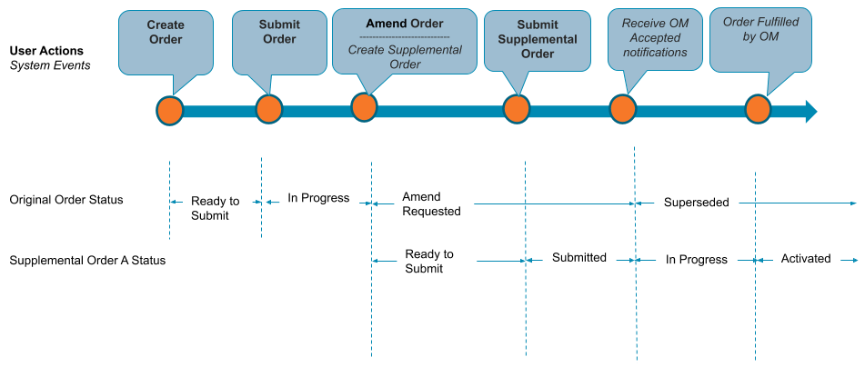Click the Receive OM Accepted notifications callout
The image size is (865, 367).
654,37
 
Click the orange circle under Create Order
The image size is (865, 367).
169,110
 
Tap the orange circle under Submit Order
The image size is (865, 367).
268,109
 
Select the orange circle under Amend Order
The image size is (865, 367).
365,107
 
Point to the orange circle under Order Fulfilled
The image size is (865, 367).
759,109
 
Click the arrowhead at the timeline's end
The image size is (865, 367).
810,111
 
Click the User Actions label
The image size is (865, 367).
46,51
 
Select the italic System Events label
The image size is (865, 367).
50,65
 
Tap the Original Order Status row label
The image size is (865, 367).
66,199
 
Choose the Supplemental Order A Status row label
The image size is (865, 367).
87,260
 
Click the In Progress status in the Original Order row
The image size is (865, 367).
318,197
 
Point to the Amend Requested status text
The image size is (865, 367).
432,203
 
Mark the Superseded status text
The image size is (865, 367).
696,203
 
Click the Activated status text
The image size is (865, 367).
805,259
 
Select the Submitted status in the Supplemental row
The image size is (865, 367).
578,258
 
